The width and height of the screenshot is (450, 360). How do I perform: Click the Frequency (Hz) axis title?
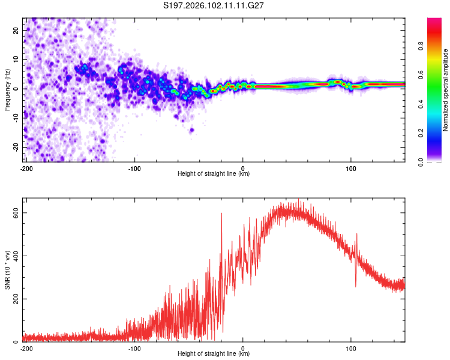coord(8,89)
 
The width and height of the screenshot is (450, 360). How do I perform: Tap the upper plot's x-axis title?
coord(214,174)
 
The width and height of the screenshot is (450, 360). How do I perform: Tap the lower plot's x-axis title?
coord(214,354)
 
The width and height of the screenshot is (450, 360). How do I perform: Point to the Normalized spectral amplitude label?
coord(446,90)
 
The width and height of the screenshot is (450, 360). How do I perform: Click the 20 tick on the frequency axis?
coord(16,30)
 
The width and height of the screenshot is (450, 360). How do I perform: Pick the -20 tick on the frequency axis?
coord(15,147)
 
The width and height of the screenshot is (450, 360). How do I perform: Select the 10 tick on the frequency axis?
coord(16,59)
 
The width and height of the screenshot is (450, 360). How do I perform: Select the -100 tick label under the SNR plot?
coord(134,348)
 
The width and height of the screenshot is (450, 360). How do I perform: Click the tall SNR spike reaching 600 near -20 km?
coord(221,214)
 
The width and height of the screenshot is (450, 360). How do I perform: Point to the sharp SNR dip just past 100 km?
coord(356,286)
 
